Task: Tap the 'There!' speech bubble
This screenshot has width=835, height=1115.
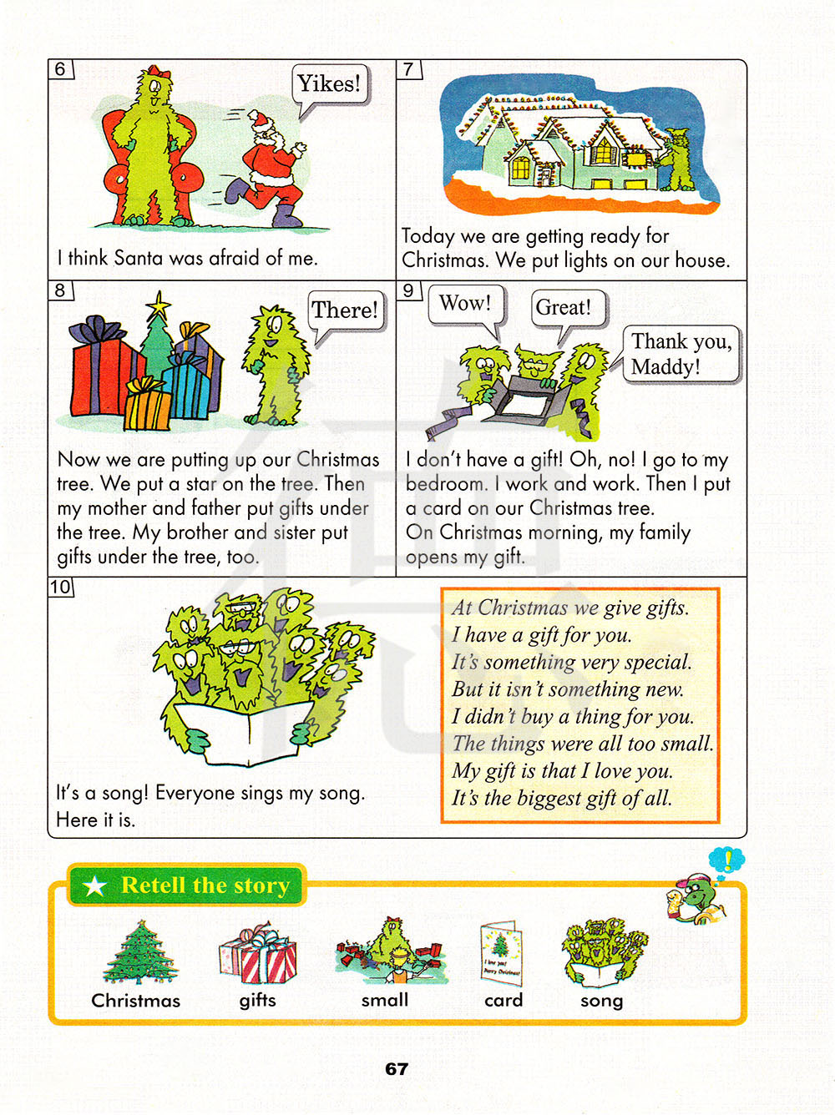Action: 345,310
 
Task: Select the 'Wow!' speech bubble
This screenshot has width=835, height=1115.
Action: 466,305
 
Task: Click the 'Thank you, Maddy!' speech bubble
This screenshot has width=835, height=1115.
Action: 680,354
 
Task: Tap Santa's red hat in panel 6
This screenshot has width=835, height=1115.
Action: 260,122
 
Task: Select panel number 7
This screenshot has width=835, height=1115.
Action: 408,69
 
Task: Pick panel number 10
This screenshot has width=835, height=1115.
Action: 60,588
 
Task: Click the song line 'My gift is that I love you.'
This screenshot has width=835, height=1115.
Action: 563,771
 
